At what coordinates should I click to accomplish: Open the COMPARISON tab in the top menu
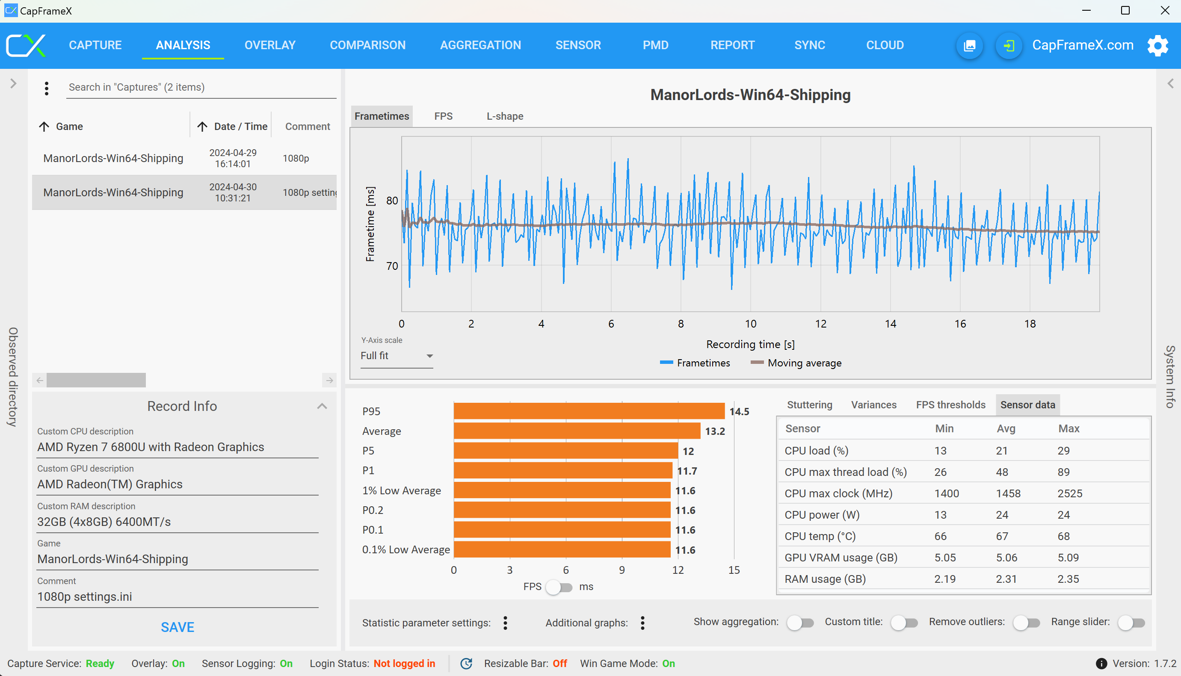pos(367,45)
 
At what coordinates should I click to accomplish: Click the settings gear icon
pos(1157,45)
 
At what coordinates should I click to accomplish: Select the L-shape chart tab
pos(505,116)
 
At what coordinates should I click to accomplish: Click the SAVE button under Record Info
pos(178,627)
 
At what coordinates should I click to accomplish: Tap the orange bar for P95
pos(589,411)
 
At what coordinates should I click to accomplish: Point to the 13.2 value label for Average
pos(715,431)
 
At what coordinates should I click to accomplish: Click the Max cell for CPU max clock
pos(1069,493)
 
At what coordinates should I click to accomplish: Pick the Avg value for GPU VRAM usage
pos(1006,557)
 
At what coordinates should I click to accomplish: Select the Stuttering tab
pos(809,405)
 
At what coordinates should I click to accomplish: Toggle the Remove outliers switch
pos(1026,623)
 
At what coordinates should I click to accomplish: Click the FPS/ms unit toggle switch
pos(559,587)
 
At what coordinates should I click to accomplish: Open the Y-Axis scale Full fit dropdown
pos(397,356)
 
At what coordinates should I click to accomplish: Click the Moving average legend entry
pos(796,363)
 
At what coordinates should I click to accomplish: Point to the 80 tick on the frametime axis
pos(392,201)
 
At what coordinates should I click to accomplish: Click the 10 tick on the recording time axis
pos(751,324)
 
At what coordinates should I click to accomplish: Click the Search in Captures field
pos(201,87)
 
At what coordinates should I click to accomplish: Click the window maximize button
pos(1125,10)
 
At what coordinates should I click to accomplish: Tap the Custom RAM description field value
pos(104,522)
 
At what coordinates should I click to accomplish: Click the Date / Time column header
pos(240,126)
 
